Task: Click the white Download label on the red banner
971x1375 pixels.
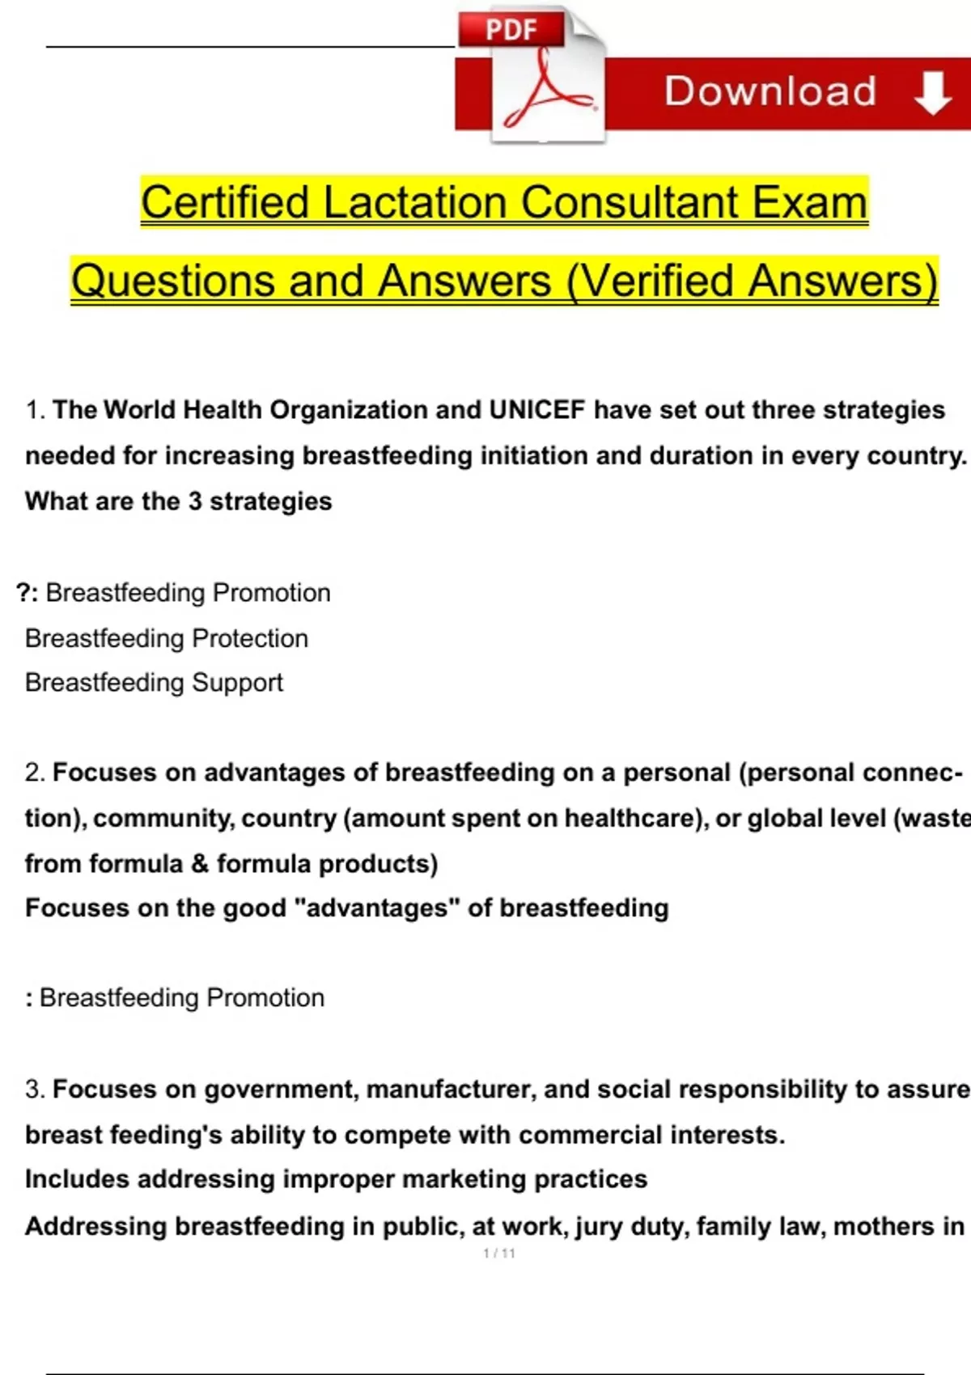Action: pyautogui.click(x=770, y=91)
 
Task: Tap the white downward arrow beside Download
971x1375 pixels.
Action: pyautogui.click(x=932, y=92)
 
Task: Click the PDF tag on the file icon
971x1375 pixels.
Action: pyautogui.click(x=511, y=29)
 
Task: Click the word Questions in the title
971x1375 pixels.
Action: pyautogui.click(x=173, y=281)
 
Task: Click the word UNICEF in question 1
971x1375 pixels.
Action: pyautogui.click(x=536, y=410)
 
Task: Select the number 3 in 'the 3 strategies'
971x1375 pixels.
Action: pyautogui.click(x=195, y=501)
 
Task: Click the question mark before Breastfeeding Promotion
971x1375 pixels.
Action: pyautogui.click(x=23, y=593)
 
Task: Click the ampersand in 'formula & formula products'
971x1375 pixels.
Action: pyautogui.click(x=200, y=864)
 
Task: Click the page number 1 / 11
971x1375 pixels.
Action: pyautogui.click(x=498, y=1254)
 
